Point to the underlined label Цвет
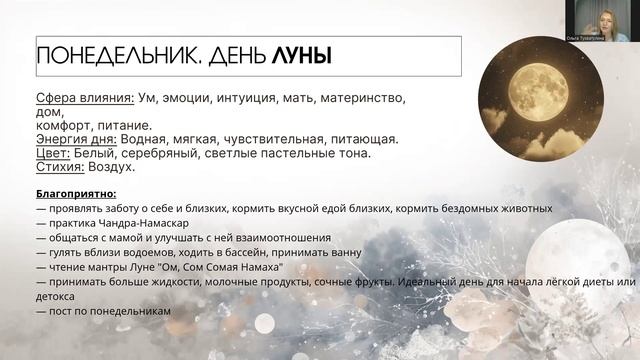(51, 153)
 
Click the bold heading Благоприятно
(78, 194)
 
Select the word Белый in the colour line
(96, 153)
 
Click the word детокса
(59, 296)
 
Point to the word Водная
(140, 139)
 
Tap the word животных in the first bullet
(520, 208)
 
